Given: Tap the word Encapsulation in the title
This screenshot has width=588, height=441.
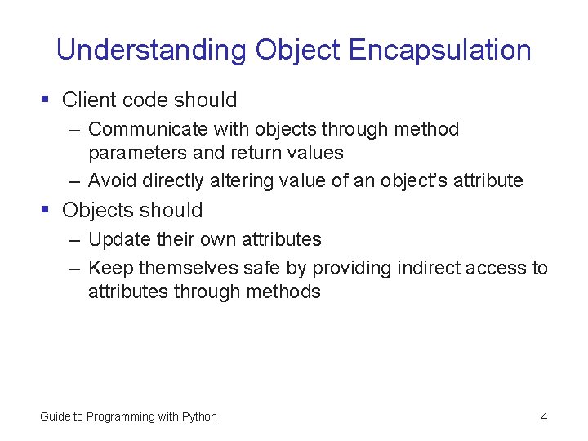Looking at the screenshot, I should click(439, 51).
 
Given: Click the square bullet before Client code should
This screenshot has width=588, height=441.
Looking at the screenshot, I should click(46, 100).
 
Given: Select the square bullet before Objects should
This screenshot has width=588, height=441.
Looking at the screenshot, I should click(46, 210).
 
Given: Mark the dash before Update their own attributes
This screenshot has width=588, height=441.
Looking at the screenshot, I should click(74, 240).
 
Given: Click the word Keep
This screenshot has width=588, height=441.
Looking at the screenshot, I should click(110, 268).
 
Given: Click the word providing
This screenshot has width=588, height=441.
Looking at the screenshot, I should click(355, 268).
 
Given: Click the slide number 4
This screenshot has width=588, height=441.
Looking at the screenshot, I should click(544, 416).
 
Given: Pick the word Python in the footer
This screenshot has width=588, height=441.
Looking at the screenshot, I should click(199, 416).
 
